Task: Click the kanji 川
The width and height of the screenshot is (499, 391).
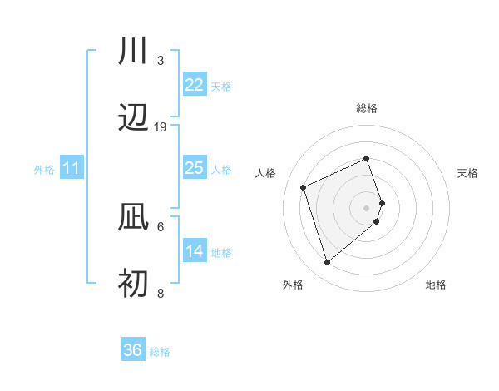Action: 133,51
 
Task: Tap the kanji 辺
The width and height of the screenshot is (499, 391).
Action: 133,120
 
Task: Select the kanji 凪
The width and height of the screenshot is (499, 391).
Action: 133,218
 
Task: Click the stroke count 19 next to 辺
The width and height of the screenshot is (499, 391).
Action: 161,127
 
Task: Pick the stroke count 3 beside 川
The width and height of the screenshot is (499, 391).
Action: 161,60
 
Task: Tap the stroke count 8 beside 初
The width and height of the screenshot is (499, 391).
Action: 161,293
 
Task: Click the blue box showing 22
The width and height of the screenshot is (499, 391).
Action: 194,84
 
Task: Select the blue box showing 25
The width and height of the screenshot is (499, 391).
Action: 194,168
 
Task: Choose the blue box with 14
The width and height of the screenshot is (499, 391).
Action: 194,250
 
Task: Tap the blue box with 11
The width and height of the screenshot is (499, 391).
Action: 72,168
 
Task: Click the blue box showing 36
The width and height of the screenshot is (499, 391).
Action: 132,350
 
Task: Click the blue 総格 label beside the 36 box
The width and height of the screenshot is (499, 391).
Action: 160,352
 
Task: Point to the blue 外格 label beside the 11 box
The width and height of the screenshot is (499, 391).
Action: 44,170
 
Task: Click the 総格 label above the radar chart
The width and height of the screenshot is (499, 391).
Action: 367,108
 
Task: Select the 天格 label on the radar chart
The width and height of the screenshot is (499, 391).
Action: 468,173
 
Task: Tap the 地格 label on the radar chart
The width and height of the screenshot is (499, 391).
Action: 436,285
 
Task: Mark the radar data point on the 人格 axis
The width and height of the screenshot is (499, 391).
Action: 304,186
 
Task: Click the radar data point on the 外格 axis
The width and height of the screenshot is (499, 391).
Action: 328,262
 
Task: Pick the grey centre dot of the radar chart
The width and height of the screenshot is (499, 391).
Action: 367,207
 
